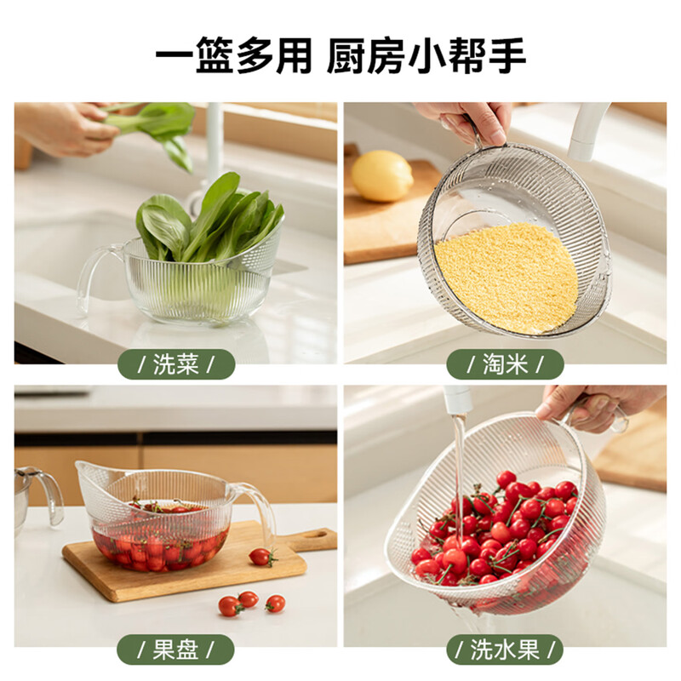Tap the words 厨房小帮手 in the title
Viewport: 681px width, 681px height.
pos(427,56)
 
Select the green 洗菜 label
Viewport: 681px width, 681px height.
pos(175,364)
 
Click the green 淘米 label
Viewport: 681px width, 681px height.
pos(505,364)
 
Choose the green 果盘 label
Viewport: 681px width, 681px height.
pos(175,650)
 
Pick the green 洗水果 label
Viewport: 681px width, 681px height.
pos(505,650)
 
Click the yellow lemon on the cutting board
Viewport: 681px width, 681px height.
pos(382,175)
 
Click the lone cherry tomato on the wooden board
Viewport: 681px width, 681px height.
pos(260,557)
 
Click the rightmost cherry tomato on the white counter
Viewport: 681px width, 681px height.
pos(275,604)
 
